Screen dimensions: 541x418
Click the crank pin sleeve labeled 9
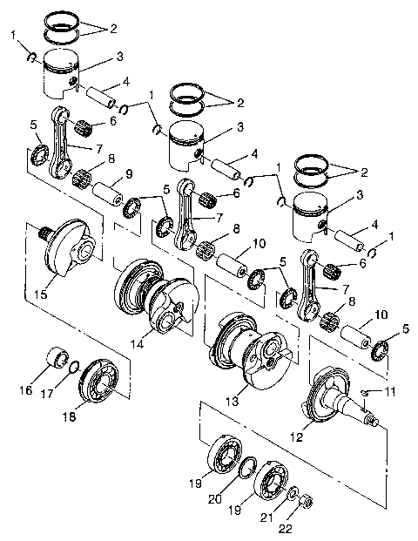coord(111,189)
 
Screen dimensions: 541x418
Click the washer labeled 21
coord(294,491)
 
